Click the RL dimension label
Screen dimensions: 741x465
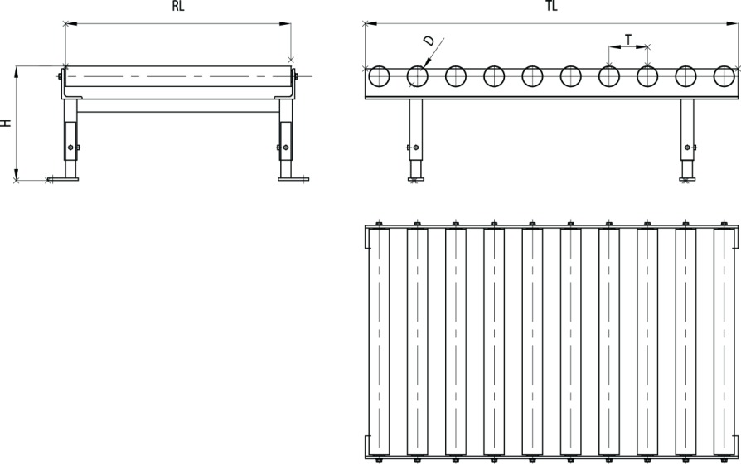pyautogui.click(x=178, y=6)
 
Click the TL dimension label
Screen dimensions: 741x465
pyautogui.click(x=551, y=6)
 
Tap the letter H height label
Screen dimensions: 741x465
pyautogui.click(x=6, y=123)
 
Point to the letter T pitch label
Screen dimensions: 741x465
pyautogui.click(x=628, y=40)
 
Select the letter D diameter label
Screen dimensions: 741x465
pyautogui.click(x=429, y=41)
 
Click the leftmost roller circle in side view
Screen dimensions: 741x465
pyautogui.click(x=379, y=76)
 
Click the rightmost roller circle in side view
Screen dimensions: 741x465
pyautogui.click(x=724, y=76)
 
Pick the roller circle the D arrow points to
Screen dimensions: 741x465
pyautogui.click(x=417, y=76)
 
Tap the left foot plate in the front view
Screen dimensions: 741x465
pyautogui.click(x=63, y=179)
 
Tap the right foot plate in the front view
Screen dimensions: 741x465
pyautogui.click(x=293, y=179)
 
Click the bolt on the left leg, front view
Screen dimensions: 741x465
pyautogui.click(x=71, y=148)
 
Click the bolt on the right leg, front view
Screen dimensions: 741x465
pyautogui.click(x=285, y=148)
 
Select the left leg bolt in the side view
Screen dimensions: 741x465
pyautogui.click(x=416, y=148)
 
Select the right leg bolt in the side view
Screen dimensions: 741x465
pyautogui.click(x=688, y=148)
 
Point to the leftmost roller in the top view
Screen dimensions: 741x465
pyautogui.click(x=379, y=342)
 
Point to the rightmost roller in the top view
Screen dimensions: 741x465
pyautogui.click(x=724, y=342)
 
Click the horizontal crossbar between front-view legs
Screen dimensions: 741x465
pyautogui.click(x=178, y=105)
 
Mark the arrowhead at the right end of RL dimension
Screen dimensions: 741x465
pyautogui.click(x=285, y=24)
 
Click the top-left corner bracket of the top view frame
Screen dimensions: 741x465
pyautogui.click(x=366, y=237)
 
